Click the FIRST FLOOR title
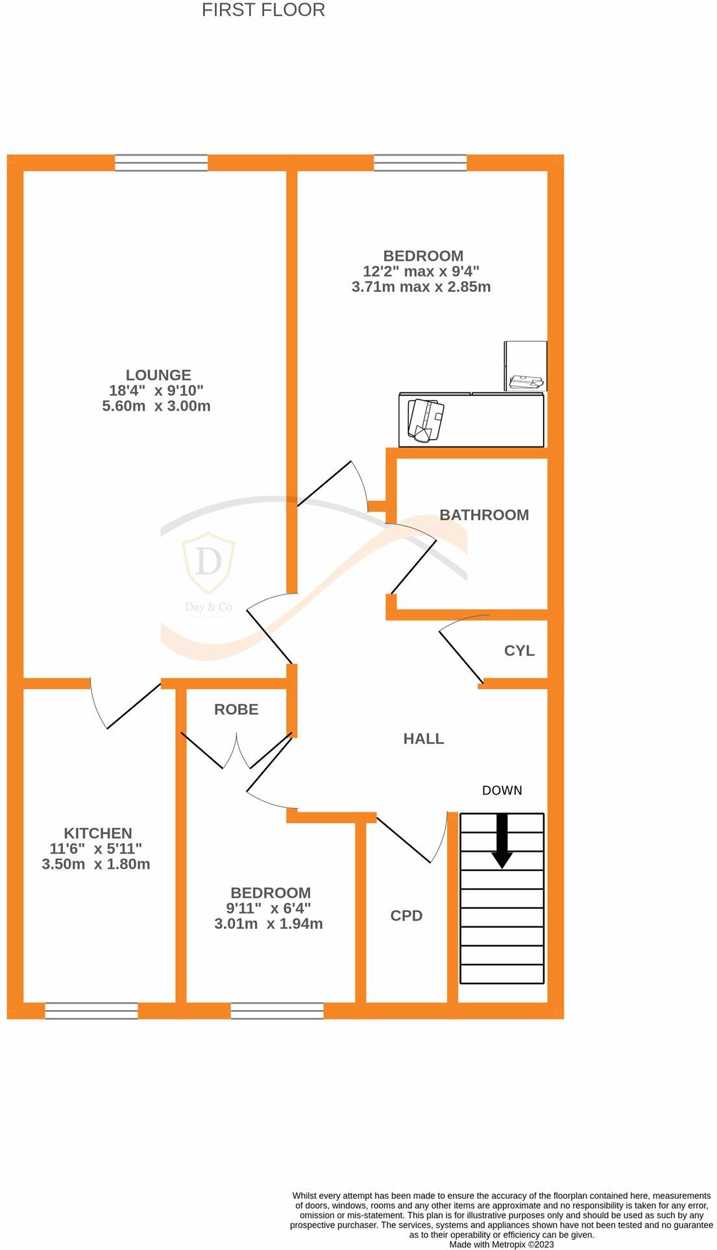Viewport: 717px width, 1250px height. pyautogui.click(x=263, y=10)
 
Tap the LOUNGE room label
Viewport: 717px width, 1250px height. pyautogui.click(x=158, y=375)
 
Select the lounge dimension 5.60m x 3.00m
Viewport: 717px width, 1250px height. pyautogui.click(x=156, y=406)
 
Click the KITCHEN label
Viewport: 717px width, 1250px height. pyautogui.click(x=98, y=833)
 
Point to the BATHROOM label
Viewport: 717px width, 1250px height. pyautogui.click(x=484, y=515)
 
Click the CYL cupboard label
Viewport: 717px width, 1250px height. pyautogui.click(x=519, y=651)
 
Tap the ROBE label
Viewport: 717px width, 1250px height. pyautogui.click(x=236, y=710)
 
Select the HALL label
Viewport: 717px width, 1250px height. pyautogui.click(x=424, y=739)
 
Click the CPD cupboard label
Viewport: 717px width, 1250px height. pyautogui.click(x=406, y=915)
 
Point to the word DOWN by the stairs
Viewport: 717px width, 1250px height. pyautogui.click(x=502, y=790)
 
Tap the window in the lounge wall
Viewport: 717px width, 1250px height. pyautogui.click(x=162, y=163)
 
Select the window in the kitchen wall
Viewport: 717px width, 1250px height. pyautogui.click(x=91, y=1011)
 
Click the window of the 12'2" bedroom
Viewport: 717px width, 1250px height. pyautogui.click(x=420, y=163)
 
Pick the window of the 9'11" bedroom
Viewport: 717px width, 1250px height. pyautogui.click(x=277, y=1011)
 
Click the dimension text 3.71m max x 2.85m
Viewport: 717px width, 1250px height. pyautogui.click(x=421, y=287)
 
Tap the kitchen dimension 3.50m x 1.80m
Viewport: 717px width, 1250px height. pyautogui.click(x=96, y=864)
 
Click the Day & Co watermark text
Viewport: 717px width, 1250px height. pyautogui.click(x=208, y=607)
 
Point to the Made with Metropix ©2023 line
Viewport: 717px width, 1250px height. pyautogui.click(x=502, y=1245)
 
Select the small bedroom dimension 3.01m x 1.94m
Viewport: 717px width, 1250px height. pyautogui.click(x=269, y=924)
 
